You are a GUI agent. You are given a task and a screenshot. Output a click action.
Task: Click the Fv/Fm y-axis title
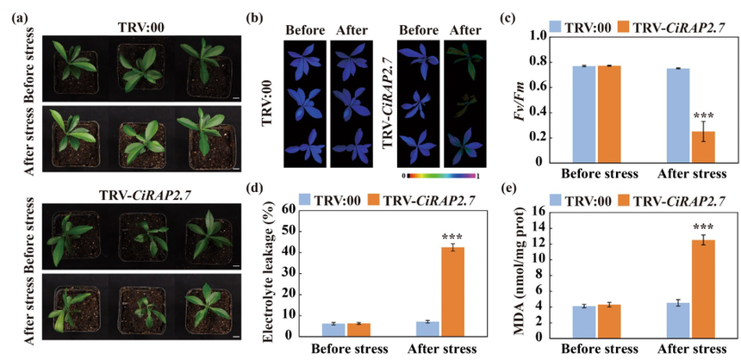pos(504,99)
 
